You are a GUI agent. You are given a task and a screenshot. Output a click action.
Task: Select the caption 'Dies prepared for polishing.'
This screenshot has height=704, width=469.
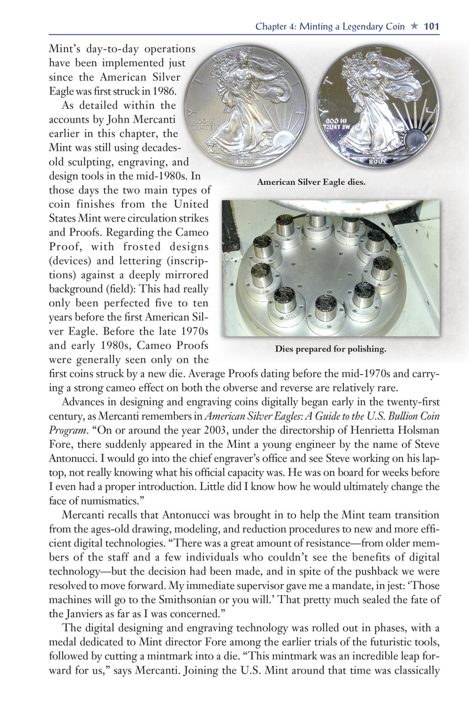[331, 349]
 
